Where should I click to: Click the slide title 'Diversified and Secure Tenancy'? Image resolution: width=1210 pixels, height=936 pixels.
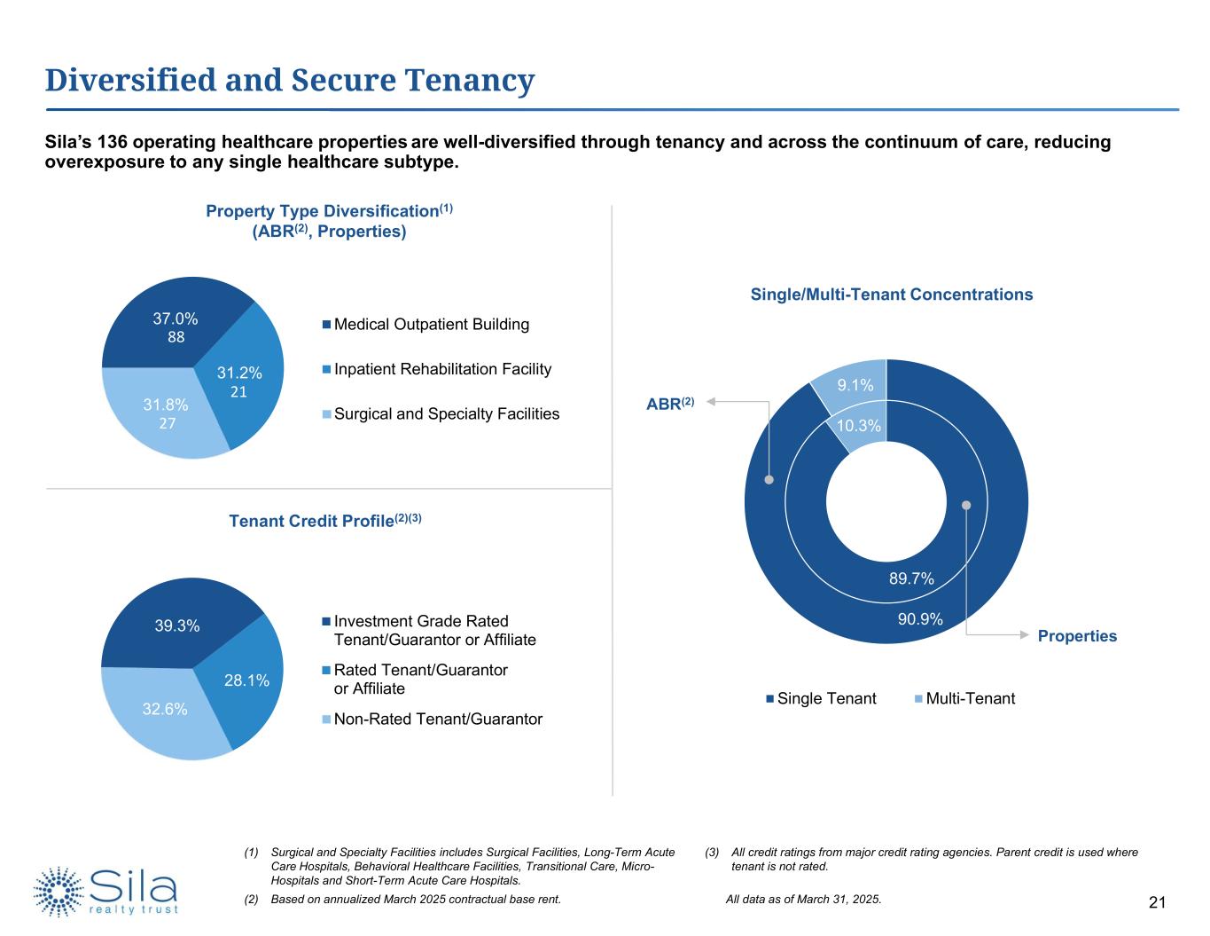290,81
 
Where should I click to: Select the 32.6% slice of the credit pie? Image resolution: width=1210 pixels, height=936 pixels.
165,709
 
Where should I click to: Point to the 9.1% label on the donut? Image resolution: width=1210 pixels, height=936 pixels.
855,385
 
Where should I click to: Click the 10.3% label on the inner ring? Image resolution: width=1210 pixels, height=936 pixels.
859,426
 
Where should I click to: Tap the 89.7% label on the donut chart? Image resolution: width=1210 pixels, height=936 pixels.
911,578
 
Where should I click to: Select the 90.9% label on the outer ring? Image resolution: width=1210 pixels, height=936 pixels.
919,619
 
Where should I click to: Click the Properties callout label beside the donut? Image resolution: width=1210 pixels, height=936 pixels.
1077,636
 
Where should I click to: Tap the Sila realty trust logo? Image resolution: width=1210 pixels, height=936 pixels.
106,891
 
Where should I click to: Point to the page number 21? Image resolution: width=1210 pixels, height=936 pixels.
1156,903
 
